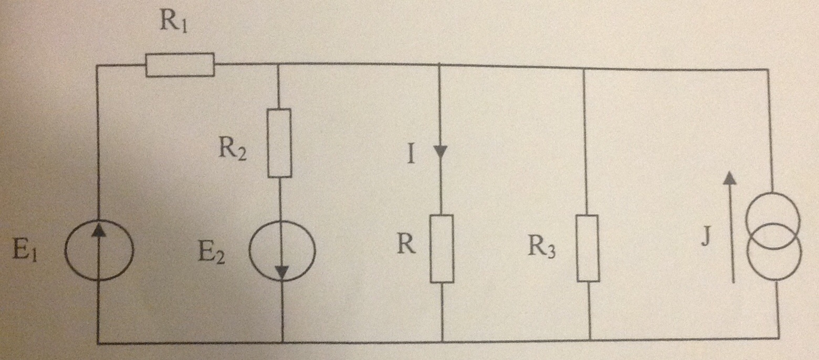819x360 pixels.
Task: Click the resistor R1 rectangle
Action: coord(180,65)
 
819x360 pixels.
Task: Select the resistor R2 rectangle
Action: coord(279,143)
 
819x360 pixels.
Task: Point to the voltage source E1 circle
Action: coord(99,250)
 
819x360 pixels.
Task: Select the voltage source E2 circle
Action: coord(282,250)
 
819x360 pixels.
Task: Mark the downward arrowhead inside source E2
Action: coord(282,272)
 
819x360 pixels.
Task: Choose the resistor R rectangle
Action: coord(442,248)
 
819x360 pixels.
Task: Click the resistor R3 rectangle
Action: coord(587,248)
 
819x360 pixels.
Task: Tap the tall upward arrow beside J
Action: coord(729,228)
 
